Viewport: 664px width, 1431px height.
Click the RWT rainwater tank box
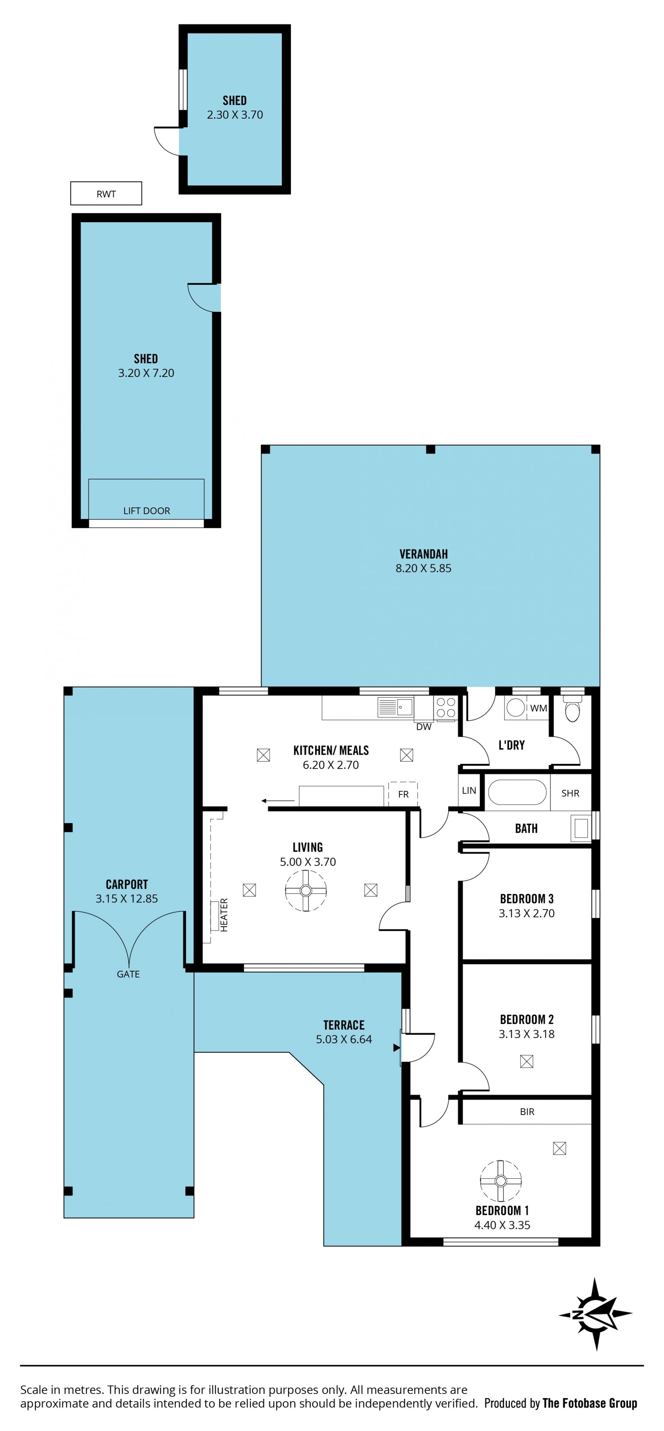pos(106,193)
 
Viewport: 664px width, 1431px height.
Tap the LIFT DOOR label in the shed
pos(147,511)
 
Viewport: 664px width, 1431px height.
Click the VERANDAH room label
pos(424,554)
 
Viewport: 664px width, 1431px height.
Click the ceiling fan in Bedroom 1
pos(501,1181)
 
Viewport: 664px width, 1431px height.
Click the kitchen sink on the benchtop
pos(395,707)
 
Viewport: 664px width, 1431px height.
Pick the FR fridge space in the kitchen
pos(403,794)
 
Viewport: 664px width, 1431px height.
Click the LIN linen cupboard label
pos(469,791)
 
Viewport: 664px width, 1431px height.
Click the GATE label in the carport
pos(128,974)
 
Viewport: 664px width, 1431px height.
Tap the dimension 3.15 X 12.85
pos(127,898)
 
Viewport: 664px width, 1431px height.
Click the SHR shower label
pos(570,793)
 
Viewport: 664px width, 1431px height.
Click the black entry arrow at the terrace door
pos(396,1048)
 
